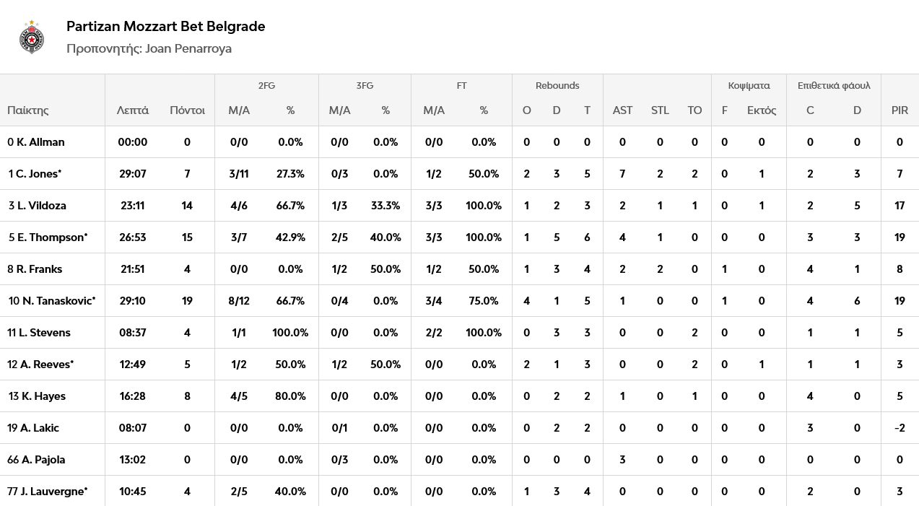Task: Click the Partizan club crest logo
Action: [32, 38]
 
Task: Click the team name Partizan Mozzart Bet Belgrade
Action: [166, 26]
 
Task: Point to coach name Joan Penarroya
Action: [188, 48]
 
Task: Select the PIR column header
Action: [900, 110]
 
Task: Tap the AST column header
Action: [622, 110]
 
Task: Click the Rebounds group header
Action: [557, 85]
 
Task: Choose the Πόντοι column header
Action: [187, 110]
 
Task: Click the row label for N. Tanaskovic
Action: [52, 301]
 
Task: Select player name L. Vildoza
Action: [41, 206]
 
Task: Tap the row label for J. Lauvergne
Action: [47, 492]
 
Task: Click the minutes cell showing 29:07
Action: [133, 173]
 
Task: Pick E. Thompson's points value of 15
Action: [187, 237]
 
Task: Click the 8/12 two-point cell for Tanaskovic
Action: [239, 301]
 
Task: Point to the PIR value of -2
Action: [900, 428]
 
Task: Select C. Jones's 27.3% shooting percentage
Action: [290, 173]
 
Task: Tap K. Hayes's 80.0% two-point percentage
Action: [290, 396]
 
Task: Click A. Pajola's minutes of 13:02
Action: [133, 460]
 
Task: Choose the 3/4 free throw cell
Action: [434, 301]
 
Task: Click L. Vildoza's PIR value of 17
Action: [900, 206]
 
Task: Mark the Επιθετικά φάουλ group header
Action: [834, 85]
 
